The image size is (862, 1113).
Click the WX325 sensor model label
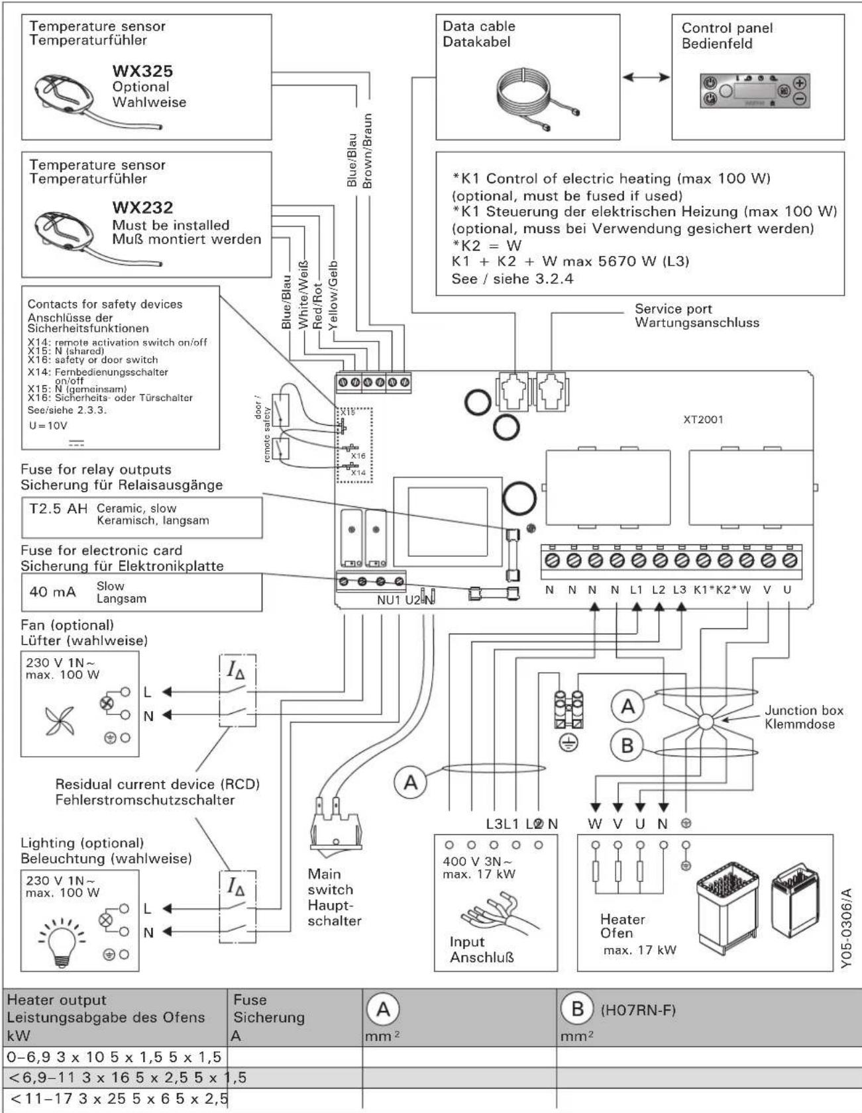click(142, 71)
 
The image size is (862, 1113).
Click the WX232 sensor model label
click(142, 208)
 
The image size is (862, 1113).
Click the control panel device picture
click(755, 91)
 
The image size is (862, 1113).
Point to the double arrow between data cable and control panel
click(646, 77)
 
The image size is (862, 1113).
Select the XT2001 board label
click(703, 419)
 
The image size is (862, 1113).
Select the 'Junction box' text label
click(804, 710)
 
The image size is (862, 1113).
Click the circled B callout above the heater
click(627, 746)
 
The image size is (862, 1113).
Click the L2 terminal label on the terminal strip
click(658, 589)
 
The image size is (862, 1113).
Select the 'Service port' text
click(673, 309)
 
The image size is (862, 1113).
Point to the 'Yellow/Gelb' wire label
click(333, 293)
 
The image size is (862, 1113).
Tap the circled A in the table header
click(383, 1010)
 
